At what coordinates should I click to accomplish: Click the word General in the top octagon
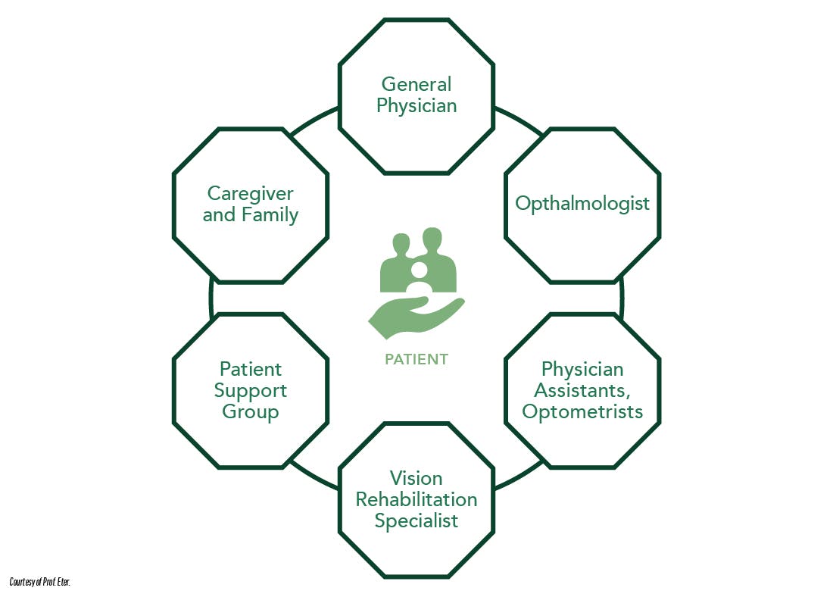pos(416,84)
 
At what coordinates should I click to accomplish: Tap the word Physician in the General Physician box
pos(416,105)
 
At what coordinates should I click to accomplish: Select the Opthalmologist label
pos(582,203)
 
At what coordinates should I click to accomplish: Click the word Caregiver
pos(251,193)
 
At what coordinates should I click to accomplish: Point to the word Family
pos(270,214)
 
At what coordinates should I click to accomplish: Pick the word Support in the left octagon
pos(251,390)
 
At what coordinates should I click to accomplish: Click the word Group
pos(251,411)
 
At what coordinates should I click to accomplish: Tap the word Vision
pos(416,478)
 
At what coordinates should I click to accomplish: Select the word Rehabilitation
pos(416,499)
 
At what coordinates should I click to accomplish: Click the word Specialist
pos(416,520)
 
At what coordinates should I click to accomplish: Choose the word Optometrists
pos(582,411)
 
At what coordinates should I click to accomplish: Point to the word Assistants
pos(576,390)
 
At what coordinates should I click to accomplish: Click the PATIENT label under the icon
pos(416,359)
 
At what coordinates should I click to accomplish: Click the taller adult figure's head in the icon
pos(432,239)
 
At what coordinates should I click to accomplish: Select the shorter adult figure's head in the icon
pos(401,244)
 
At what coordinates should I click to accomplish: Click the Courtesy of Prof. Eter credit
pos(45,581)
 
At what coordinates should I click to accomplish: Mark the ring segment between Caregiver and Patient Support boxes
pos(212,298)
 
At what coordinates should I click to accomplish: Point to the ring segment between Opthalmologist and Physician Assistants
pos(621,298)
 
